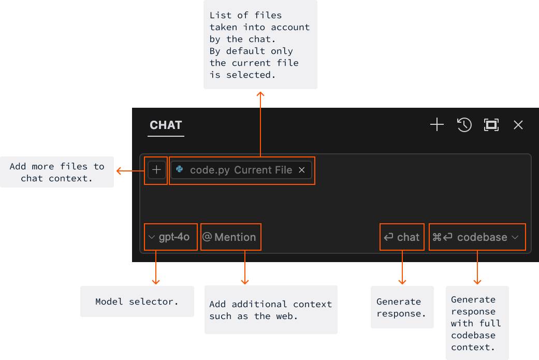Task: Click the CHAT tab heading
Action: click(x=166, y=125)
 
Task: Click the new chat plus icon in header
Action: click(x=437, y=125)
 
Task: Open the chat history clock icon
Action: click(x=464, y=125)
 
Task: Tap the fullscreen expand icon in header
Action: click(x=491, y=125)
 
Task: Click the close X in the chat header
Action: click(x=518, y=125)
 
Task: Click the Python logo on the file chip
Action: click(x=180, y=170)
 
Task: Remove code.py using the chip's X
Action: click(x=302, y=170)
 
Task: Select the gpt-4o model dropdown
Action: click(x=170, y=237)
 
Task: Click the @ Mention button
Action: click(x=230, y=237)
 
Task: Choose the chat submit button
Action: click(x=402, y=237)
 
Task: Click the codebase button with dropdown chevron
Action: click(x=477, y=237)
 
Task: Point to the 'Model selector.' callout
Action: click(x=137, y=301)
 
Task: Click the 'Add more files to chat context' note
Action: click(x=56, y=172)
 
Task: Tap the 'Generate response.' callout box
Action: click(x=402, y=307)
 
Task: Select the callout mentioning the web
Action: click(x=270, y=310)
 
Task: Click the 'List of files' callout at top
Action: click(x=260, y=45)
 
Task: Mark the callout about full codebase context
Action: click(x=476, y=323)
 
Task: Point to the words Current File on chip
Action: click(x=263, y=170)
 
